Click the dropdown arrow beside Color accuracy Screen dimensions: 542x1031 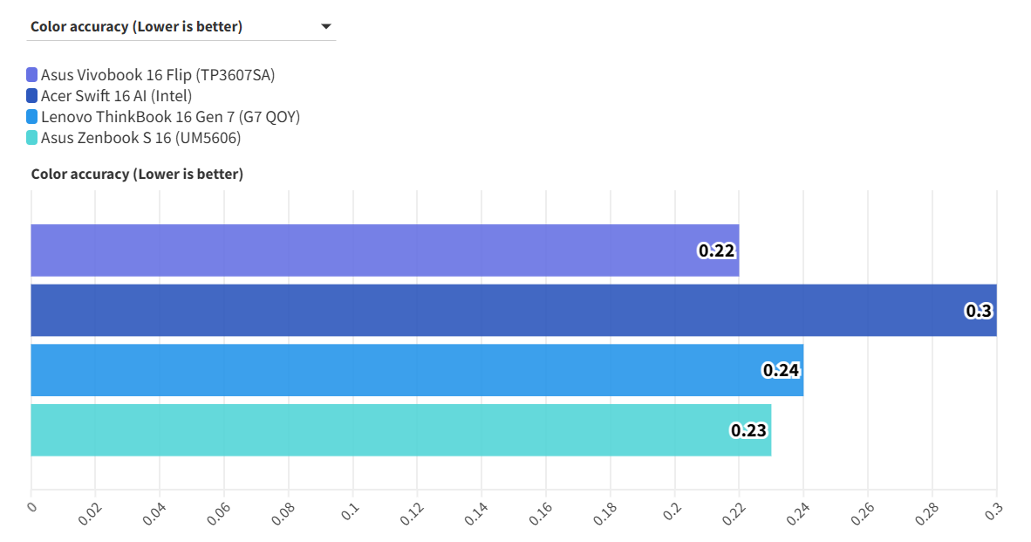coord(326,26)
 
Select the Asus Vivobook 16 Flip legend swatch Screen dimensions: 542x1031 coord(32,75)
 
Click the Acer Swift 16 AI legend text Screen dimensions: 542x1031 coord(116,96)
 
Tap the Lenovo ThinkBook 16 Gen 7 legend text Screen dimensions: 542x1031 coord(170,117)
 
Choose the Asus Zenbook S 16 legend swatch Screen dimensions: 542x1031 coord(32,138)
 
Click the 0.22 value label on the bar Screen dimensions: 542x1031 coord(717,251)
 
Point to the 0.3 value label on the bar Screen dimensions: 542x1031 coord(979,311)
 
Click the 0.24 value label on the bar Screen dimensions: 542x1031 coord(782,370)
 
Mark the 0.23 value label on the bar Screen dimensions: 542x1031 coord(749,430)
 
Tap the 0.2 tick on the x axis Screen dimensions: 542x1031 coord(670,511)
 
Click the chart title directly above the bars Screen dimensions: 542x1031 coord(137,175)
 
